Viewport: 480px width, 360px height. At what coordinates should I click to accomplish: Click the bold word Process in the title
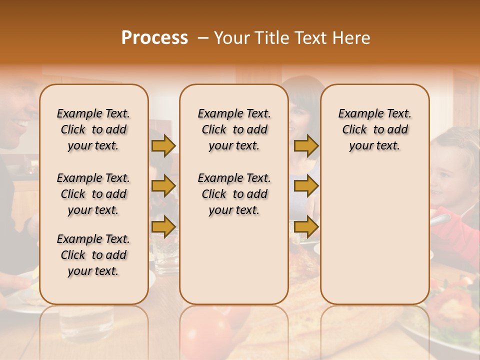tap(154, 38)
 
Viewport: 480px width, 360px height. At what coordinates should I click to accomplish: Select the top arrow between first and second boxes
tap(163, 145)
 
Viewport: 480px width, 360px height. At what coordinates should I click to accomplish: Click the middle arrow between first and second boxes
tap(163, 186)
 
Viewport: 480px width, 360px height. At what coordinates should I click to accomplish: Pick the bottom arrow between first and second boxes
tap(163, 226)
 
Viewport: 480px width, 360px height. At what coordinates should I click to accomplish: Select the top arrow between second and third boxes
tap(306, 145)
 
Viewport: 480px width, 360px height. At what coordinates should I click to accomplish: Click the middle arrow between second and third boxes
tap(306, 186)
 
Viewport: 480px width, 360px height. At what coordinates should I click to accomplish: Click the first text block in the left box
tap(93, 129)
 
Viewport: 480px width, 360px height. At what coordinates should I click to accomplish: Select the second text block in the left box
tap(93, 194)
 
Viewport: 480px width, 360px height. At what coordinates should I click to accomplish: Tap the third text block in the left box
tap(93, 255)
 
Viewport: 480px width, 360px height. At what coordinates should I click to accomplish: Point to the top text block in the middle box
tap(234, 129)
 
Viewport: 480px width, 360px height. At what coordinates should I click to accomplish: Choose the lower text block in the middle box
tap(234, 194)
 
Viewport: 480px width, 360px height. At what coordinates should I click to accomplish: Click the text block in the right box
tap(374, 129)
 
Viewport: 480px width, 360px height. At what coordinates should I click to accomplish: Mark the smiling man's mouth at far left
tap(20, 122)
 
